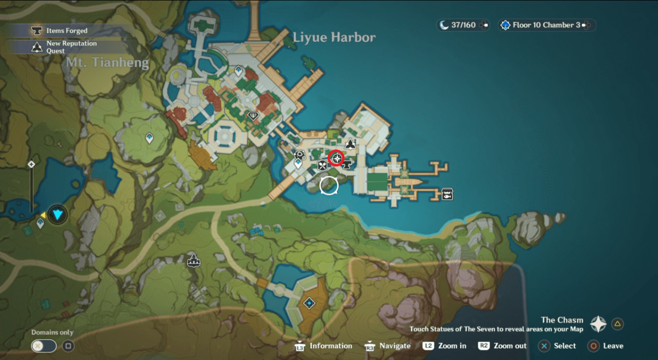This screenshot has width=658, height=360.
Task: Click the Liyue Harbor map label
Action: [x=334, y=37]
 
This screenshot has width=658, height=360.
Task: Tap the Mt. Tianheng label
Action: [x=107, y=62]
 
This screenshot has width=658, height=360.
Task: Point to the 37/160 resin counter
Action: [x=463, y=25]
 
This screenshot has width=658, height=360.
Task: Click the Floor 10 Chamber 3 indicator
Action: [x=546, y=25]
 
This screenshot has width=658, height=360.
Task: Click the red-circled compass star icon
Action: [x=336, y=158]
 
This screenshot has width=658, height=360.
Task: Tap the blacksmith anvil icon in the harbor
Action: [x=346, y=165]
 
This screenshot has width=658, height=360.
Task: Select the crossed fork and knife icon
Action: [x=323, y=165]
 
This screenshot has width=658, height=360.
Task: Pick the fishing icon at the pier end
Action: [x=448, y=194]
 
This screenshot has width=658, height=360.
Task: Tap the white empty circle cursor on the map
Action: [x=329, y=185]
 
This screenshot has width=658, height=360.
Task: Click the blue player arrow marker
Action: [x=58, y=214]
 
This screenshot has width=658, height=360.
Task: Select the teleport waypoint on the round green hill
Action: [x=150, y=138]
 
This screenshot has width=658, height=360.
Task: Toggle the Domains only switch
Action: [x=44, y=346]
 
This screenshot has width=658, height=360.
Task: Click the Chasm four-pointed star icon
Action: [x=598, y=324]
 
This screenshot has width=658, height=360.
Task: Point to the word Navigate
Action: [x=395, y=346]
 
